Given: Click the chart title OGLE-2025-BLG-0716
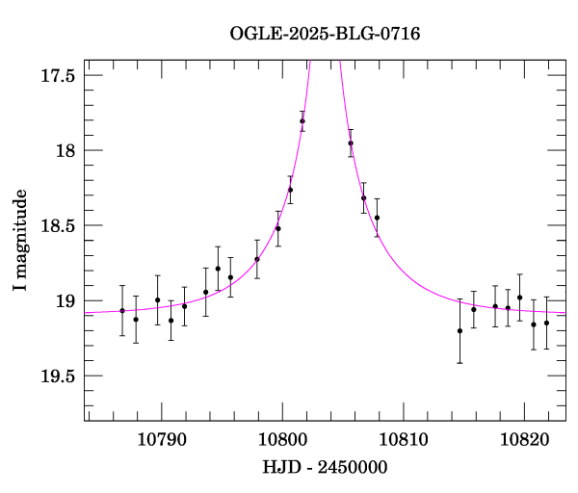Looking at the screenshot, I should tap(325, 35).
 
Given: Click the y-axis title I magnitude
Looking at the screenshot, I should tap(19, 241).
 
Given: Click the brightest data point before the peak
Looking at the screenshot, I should tap(302, 121).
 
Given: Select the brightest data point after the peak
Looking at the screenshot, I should tap(351, 143).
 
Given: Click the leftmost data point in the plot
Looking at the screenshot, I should tap(122, 310).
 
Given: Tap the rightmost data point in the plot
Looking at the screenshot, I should tap(546, 323).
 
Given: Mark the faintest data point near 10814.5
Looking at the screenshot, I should tap(460, 330).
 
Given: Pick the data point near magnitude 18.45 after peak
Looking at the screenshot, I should tap(377, 218).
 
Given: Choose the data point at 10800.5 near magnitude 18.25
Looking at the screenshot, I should tap(290, 190).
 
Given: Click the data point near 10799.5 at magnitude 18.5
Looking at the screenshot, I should tap(278, 228).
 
